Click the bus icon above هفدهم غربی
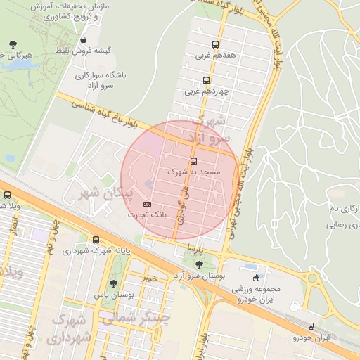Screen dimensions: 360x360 214,42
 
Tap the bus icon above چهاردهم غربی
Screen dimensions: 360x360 206,79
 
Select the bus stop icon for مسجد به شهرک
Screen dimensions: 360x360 194,160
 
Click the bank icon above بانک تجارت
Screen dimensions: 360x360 147,204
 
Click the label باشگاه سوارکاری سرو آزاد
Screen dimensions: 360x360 100,79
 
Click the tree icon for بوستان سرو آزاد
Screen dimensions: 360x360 200,265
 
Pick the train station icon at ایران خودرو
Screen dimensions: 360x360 311,326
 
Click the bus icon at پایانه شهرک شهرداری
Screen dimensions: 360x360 96,240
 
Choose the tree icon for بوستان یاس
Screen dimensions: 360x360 113,283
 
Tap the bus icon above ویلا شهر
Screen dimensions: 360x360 7,195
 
